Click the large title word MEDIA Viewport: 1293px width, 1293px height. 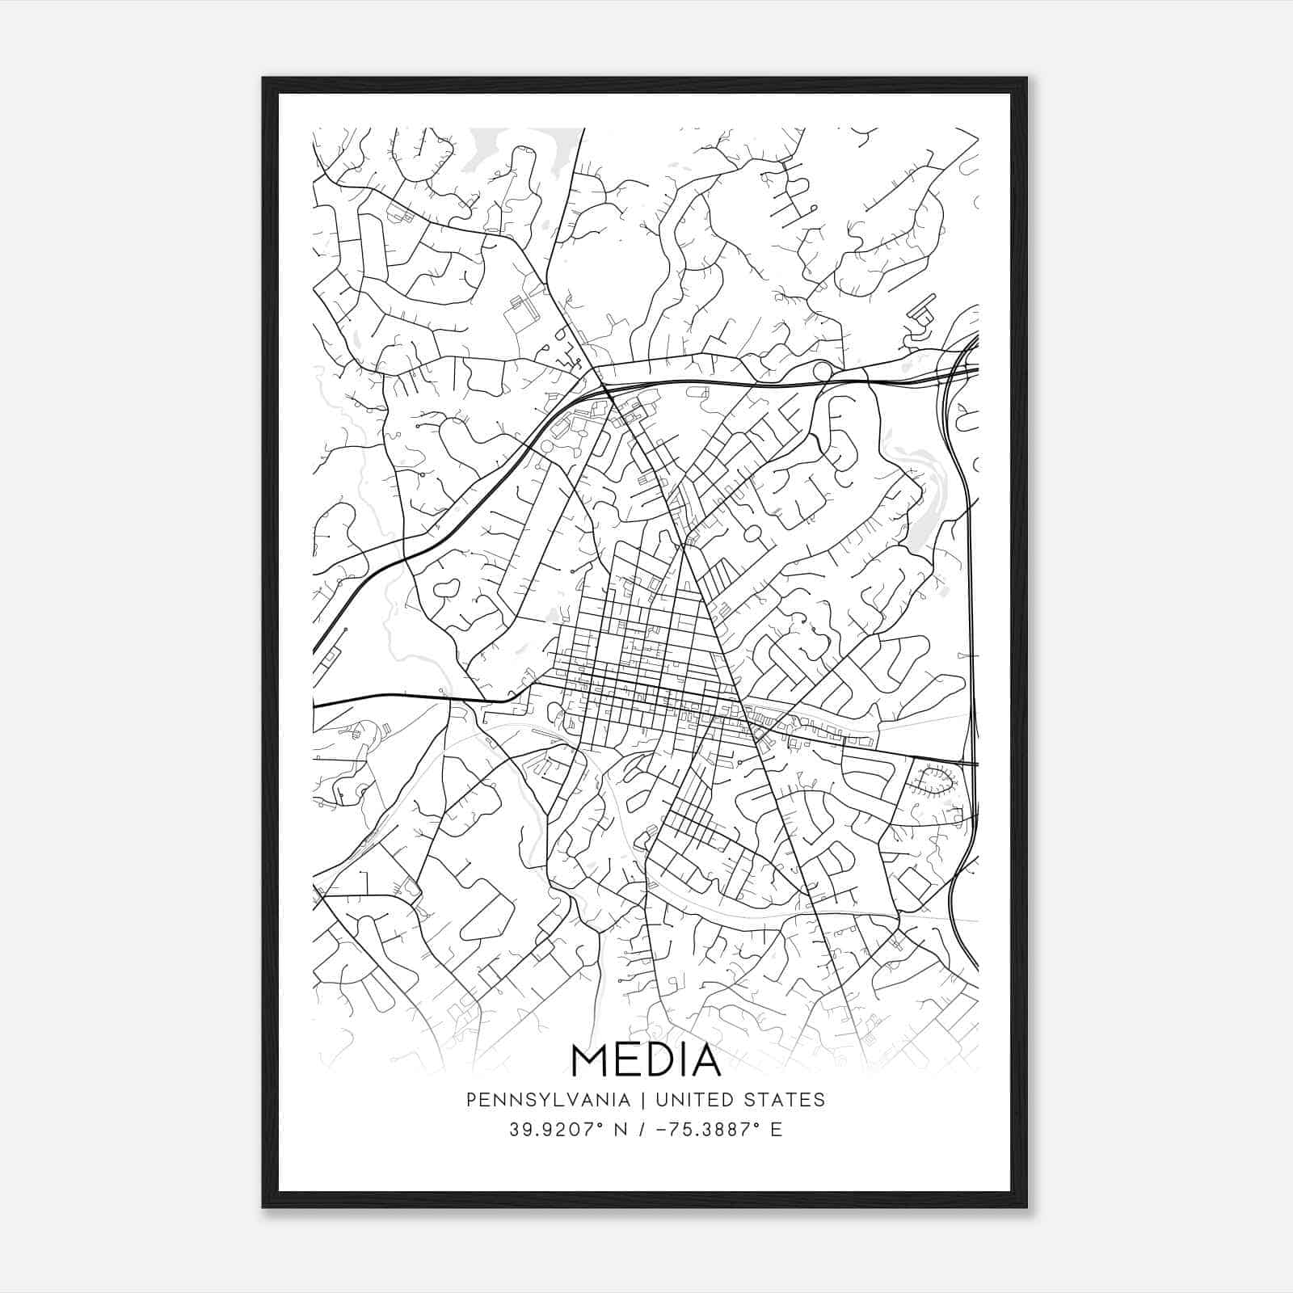click(x=646, y=1059)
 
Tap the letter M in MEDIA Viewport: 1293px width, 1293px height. click(x=588, y=1059)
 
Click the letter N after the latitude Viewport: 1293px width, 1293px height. click(x=621, y=1130)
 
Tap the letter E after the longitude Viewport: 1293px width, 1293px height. click(x=777, y=1130)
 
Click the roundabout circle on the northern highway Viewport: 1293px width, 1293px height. click(x=823, y=371)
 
